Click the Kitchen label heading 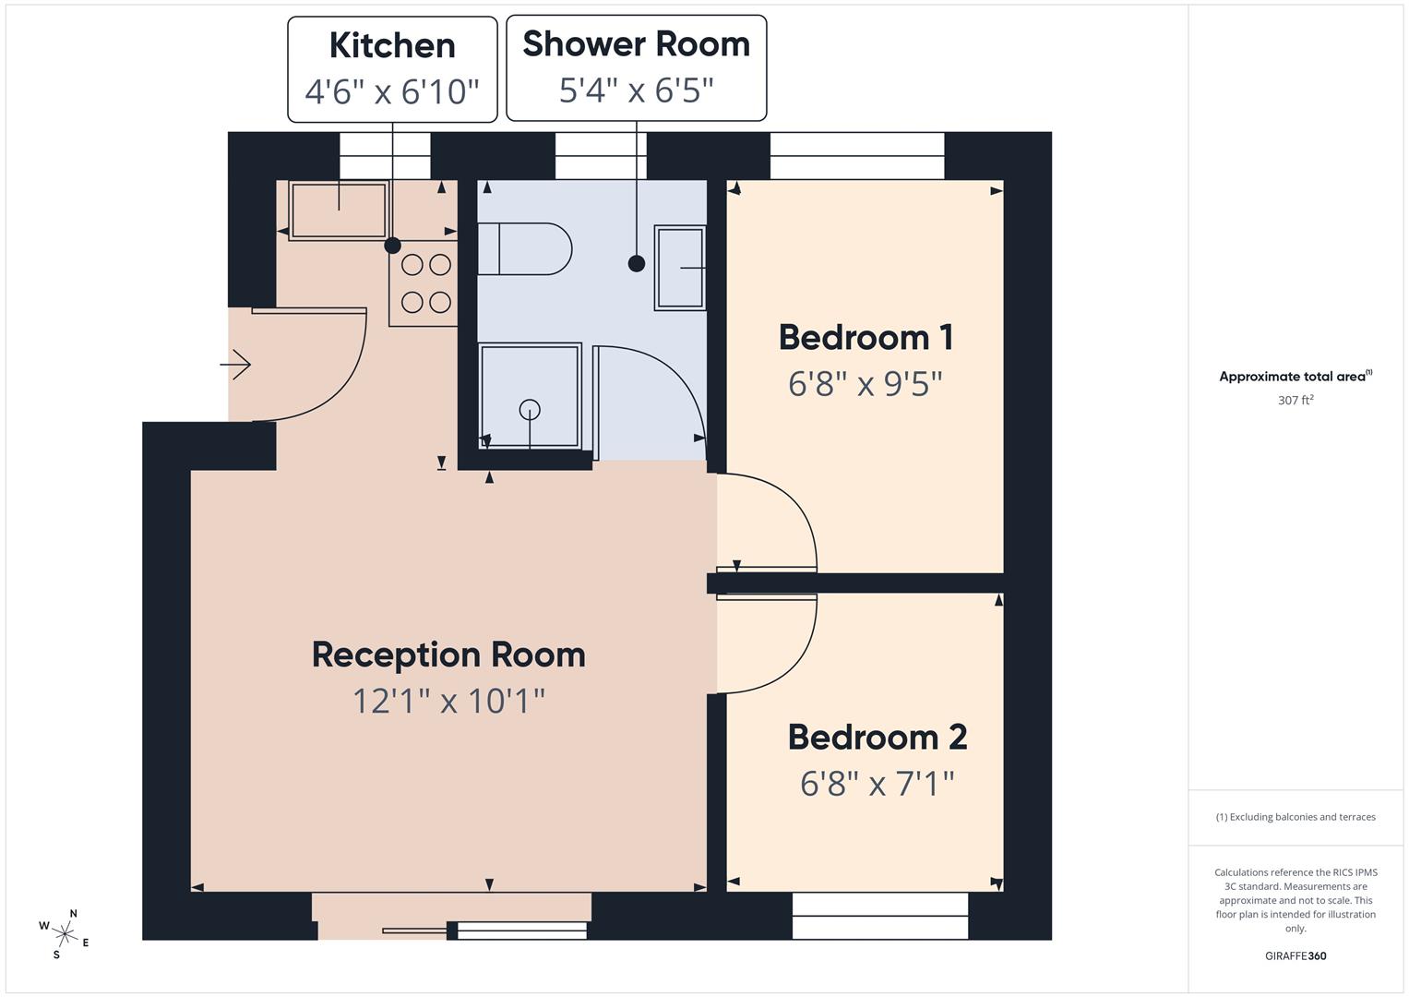point(392,45)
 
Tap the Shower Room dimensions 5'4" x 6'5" point(636,90)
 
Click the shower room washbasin point(680,268)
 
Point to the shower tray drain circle point(530,409)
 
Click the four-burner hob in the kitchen point(425,283)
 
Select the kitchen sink point(338,210)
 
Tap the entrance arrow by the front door point(236,366)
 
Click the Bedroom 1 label point(865,337)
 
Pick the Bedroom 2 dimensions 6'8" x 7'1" point(877,784)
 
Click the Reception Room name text point(448,655)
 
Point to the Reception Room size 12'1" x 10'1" point(448,701)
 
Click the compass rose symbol point(63,933)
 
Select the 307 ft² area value point(1295,401)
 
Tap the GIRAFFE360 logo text point(1295,955)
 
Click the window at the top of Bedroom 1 point(857,156)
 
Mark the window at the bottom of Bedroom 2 point(880,916)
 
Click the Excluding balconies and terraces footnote point(1295,817)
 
